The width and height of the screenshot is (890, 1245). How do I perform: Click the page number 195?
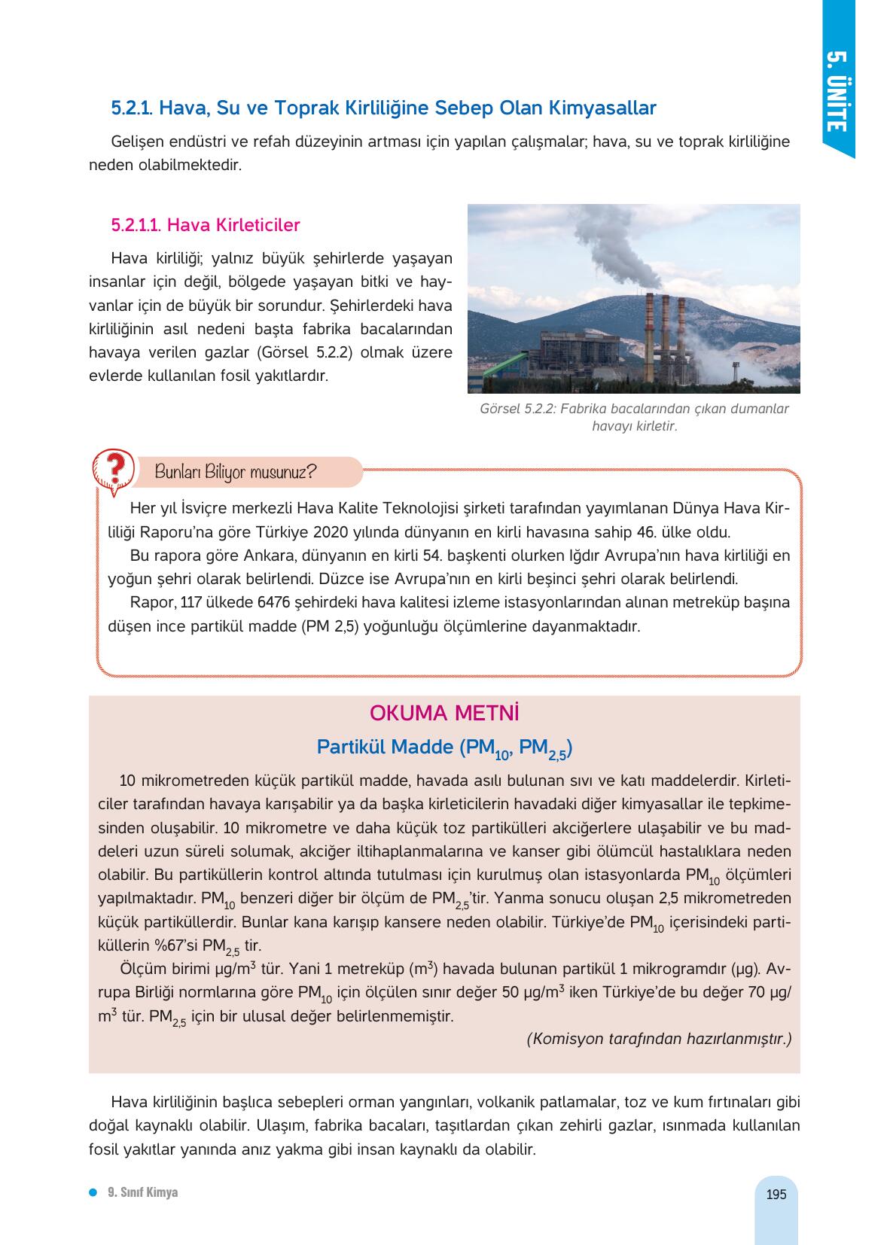tap(776, 1195)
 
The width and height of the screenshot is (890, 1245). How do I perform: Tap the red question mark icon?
tap(114, 470)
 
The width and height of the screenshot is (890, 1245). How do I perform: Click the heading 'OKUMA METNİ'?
tap(444, 713)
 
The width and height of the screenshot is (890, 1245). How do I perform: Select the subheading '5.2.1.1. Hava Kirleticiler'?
tap(206, 225)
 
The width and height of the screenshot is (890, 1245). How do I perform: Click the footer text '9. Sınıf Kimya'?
tap(143, 1192)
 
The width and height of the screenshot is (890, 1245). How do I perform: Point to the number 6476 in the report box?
tap(274, 603)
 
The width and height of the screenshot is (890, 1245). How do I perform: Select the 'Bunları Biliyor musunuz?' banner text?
tap(235, 473)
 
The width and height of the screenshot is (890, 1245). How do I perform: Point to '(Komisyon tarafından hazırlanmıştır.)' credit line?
tap(659, 1039)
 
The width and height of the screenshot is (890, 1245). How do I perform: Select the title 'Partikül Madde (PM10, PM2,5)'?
tap(444, 748)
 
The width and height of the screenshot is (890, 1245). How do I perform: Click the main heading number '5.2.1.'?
tap(133, 108)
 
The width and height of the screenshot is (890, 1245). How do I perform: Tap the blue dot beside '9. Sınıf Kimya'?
tap(93, 1192)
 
